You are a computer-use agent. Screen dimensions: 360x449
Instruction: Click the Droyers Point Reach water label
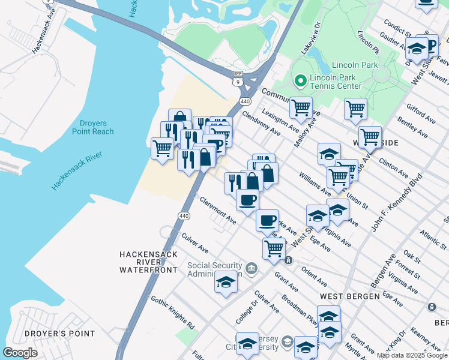92,127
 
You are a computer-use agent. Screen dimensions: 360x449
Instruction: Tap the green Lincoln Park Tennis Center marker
300,80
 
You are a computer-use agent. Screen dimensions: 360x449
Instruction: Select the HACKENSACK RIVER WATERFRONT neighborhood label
148,262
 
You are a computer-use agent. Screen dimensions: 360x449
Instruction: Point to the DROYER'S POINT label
59,334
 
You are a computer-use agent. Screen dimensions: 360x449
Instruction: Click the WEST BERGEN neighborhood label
349,296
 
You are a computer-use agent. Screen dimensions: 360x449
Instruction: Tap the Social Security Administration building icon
252,268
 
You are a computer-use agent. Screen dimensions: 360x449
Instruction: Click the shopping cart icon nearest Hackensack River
162,148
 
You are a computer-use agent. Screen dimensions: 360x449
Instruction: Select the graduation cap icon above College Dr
226,281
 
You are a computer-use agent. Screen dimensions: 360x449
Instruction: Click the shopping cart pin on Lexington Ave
301,108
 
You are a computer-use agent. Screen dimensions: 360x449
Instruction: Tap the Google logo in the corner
20,353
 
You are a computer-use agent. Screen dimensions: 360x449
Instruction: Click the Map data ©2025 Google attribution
412,356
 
